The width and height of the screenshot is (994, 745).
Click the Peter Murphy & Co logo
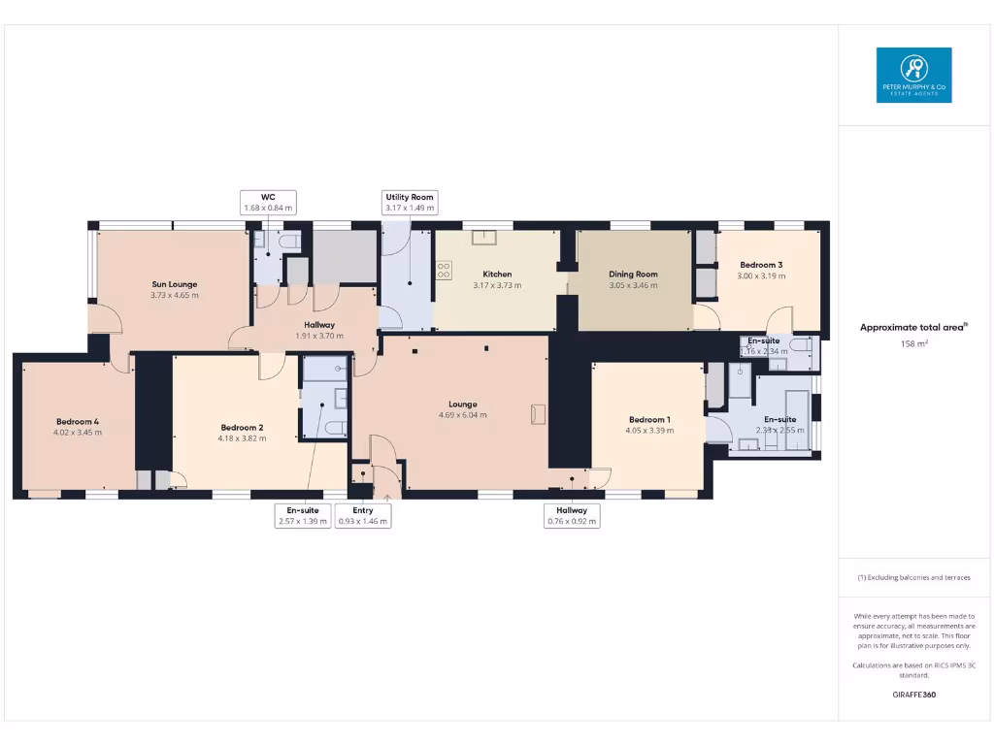[913, 75]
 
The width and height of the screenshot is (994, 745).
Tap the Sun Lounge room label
[175, 290]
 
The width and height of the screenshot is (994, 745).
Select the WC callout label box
[268, 202]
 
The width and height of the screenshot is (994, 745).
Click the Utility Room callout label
[410, 202]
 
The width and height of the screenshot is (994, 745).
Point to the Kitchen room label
[497, 279]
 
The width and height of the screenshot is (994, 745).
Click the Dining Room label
[633, 279]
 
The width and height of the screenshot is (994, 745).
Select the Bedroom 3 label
[761, 270]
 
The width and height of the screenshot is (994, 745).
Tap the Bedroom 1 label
[648, 424]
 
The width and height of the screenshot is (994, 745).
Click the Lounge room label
[462, 408]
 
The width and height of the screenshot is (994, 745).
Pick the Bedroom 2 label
[242, 432]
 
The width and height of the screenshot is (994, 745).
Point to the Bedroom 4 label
[78, 427]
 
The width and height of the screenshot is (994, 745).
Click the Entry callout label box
[363, 515]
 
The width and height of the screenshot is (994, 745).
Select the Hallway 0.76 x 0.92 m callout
[572, 515]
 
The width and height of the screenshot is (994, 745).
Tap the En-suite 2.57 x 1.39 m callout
[304, 515]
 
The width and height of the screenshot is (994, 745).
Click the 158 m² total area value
[913, 343]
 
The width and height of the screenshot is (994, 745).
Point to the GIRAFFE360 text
[913, 695]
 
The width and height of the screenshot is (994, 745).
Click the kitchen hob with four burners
[445, 271]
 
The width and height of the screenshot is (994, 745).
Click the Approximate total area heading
[913, 327]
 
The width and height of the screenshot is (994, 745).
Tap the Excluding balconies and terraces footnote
[913, 577]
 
